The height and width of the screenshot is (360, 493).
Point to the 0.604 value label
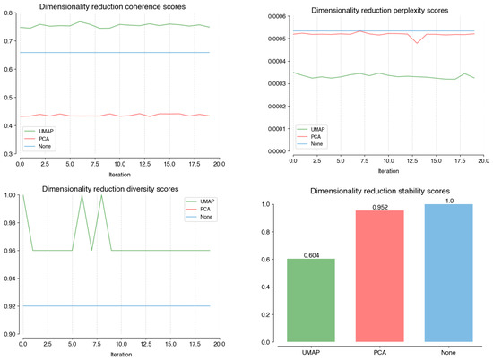coord(311,255)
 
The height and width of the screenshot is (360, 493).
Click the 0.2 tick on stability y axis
coord(276,314)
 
